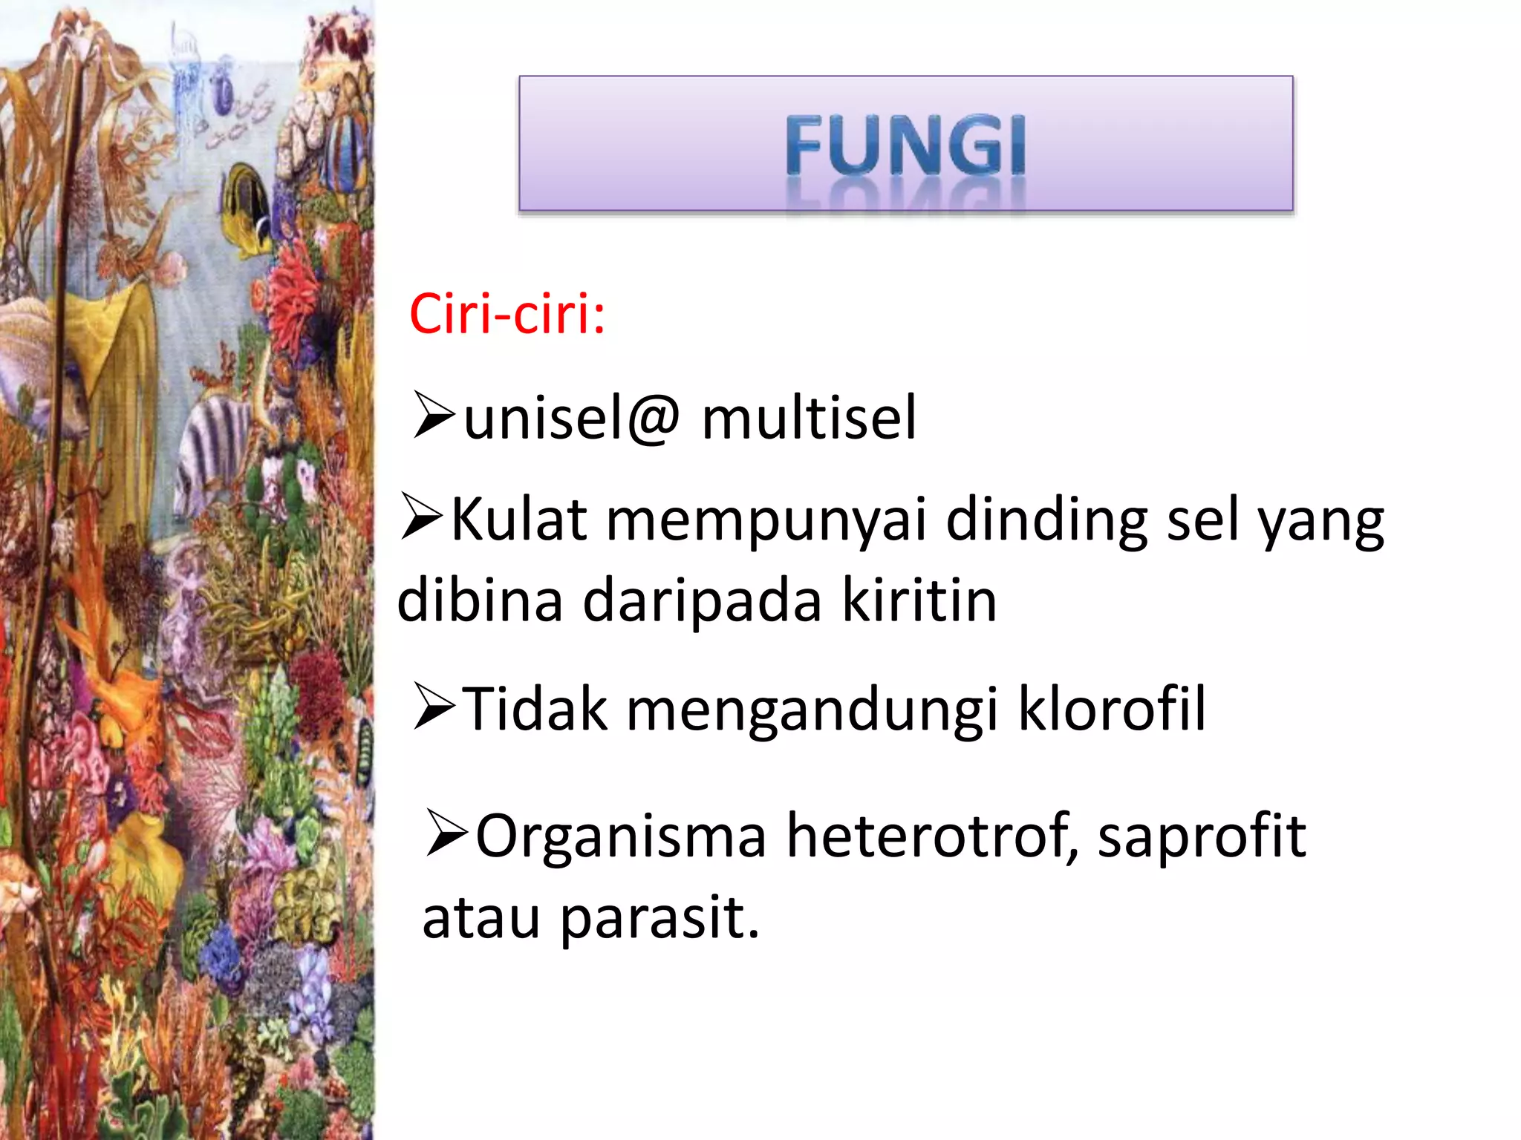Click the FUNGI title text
[905, 146]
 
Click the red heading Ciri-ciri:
[507, 315]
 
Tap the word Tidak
[534, 710]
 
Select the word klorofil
[1111, 710]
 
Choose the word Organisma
[620, 837]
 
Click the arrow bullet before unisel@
[434, 416]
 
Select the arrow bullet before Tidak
[434, 707]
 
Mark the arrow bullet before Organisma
[447, 834]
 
